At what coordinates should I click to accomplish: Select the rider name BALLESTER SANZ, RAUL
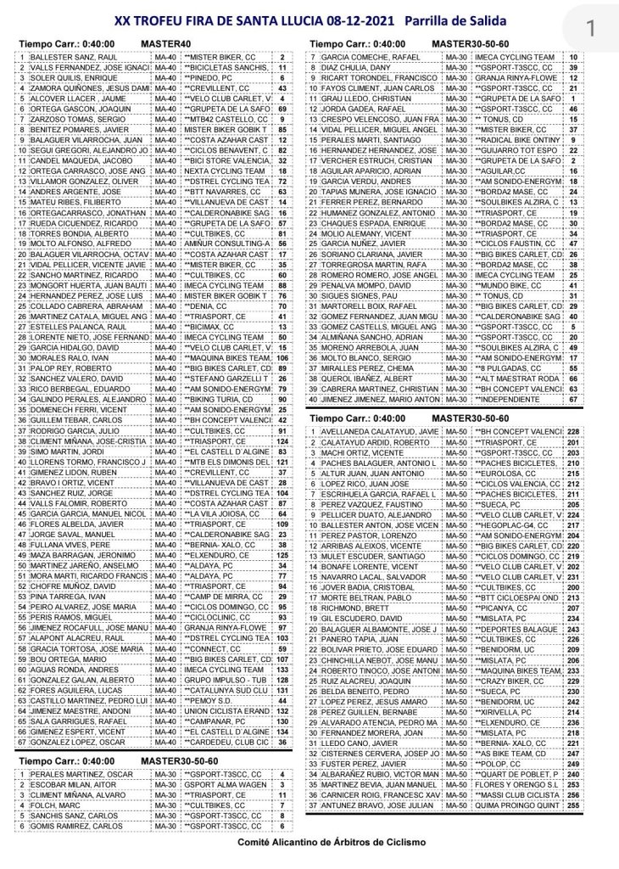(65, 57)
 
